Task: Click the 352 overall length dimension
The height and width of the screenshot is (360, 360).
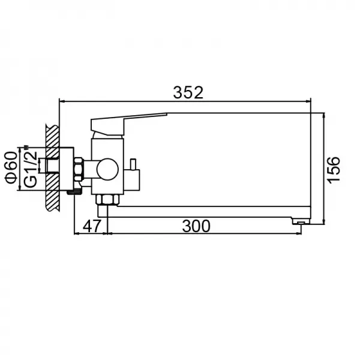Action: [188, 92]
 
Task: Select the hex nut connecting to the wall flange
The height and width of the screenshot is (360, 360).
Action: [78, 169]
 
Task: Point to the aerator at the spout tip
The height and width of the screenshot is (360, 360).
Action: [298, 222]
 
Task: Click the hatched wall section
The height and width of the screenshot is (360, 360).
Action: [53, 168]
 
